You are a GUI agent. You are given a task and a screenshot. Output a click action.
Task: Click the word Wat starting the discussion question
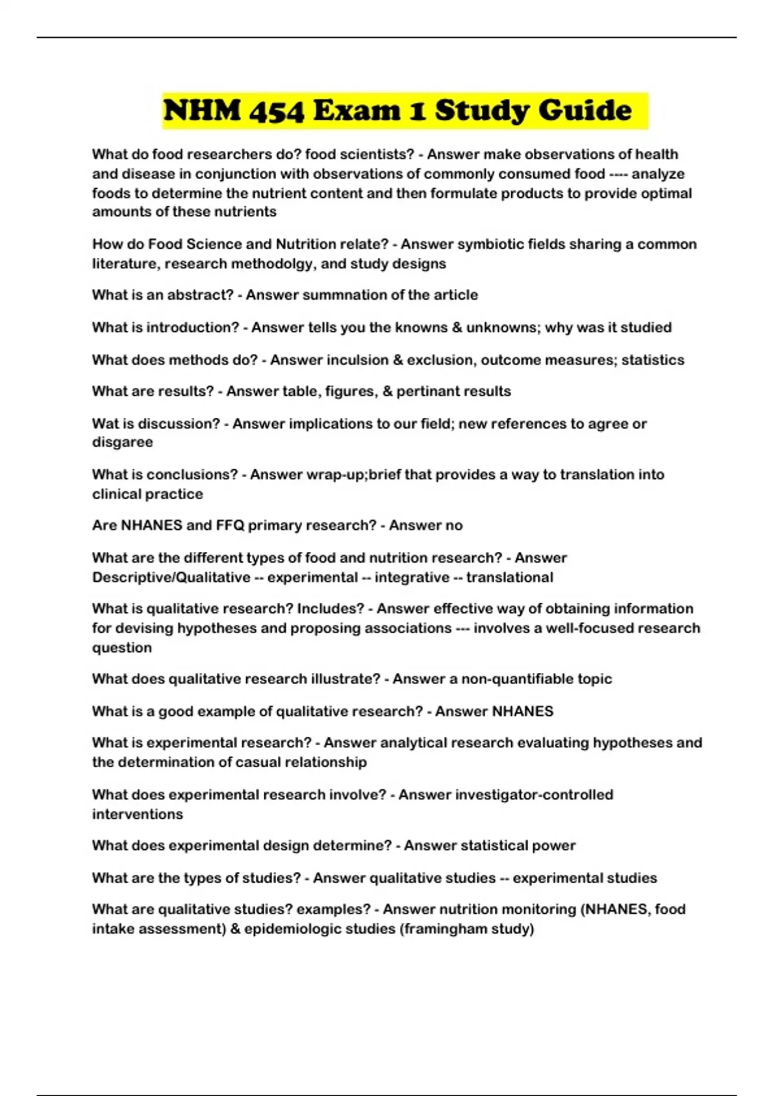(104, 424)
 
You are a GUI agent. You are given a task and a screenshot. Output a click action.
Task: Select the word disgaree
(123, 442)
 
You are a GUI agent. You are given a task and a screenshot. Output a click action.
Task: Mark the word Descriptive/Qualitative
(171, 577)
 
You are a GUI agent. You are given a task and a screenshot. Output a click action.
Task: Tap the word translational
(509, 577)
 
